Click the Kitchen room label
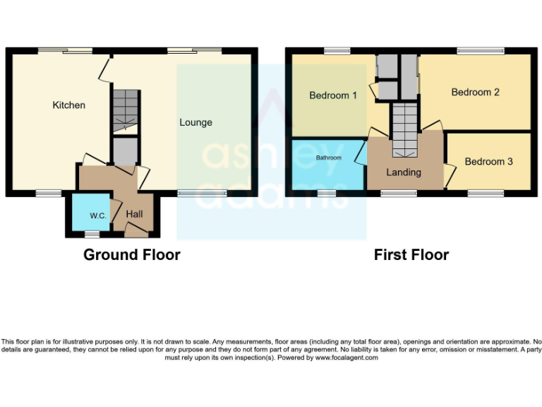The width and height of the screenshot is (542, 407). pos(69,105)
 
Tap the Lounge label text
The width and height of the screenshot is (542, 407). pos(195,122)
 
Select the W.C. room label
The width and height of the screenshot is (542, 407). pos(97,216)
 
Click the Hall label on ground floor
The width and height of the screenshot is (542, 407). pos(135,213)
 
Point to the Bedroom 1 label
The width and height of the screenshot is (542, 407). pos(333,95)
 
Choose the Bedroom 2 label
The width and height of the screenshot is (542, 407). pos(476,92)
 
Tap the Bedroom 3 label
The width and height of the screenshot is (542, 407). pos(488,162)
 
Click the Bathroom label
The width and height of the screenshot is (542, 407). pos(329,158)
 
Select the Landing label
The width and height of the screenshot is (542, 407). pos(404,172)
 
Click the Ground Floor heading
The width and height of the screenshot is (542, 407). pos(132,255)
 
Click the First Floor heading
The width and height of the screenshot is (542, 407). pos(411,255)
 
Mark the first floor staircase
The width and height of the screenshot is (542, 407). pos(405,129)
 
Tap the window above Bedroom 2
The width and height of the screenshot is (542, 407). pos(480,51)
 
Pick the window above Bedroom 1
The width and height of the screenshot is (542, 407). pos(333,51)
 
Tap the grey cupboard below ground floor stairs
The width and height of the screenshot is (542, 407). pos(126,151)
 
